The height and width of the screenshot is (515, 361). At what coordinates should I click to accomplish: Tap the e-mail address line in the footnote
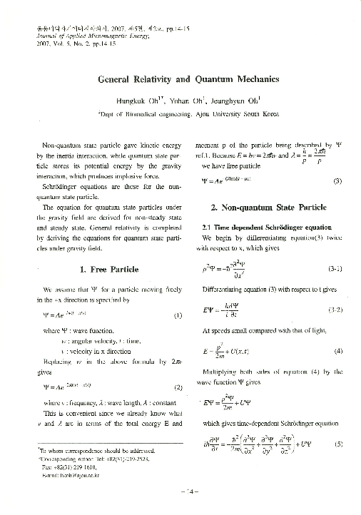click(72, 473)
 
